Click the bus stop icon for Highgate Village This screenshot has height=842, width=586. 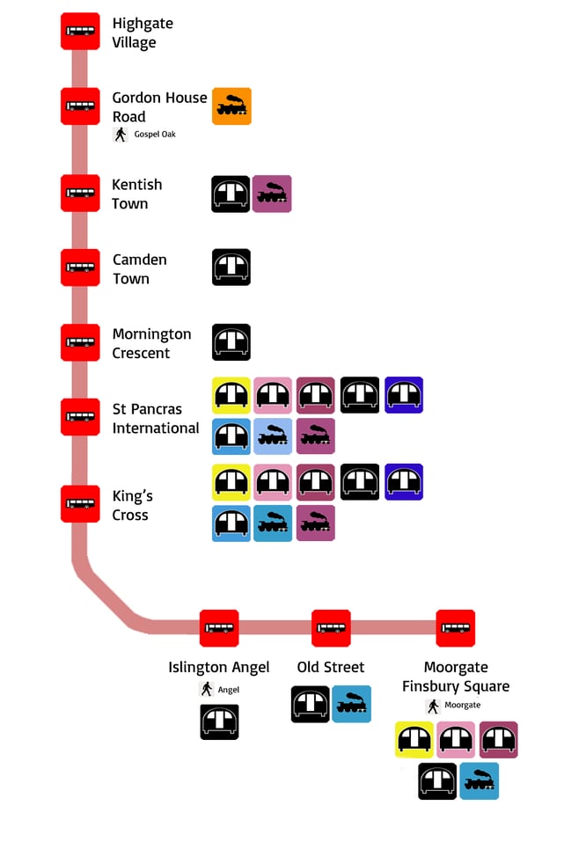(80, 32)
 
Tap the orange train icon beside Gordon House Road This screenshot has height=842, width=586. (231, 106)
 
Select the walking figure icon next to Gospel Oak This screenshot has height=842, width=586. (121, 135)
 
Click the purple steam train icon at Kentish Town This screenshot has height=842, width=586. (272, 194)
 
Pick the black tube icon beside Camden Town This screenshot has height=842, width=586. (231, 267)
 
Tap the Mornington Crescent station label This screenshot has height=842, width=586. (151, 343)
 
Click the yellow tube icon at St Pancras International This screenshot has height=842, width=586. (231, 395)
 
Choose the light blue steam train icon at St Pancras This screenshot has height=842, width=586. (273, 436)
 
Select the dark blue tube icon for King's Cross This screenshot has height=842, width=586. (404, 481)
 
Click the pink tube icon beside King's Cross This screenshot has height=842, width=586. (273, 481)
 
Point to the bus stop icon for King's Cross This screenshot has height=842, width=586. (80, 503)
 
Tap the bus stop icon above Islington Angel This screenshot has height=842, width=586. (219, 627)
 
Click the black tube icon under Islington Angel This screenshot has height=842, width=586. (219, 721)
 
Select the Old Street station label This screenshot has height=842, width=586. (331, 667)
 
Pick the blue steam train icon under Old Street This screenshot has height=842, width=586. (351, 704)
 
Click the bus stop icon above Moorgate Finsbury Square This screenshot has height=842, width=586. (456, 627)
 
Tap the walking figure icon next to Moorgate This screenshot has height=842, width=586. (433, 706)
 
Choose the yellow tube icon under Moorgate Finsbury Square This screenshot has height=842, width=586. (414, 740)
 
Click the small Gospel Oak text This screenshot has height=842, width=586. (155, 135)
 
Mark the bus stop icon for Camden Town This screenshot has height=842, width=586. (80, 267)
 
